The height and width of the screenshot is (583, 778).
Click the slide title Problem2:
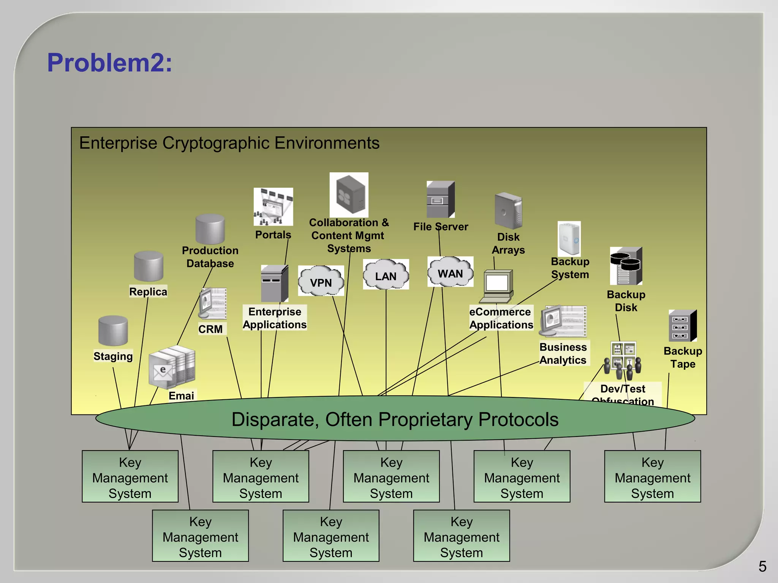[109, 63]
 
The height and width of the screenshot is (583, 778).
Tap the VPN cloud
[321, 281]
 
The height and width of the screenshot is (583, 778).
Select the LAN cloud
[386, 275]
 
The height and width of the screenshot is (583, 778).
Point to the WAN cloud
[450, 272]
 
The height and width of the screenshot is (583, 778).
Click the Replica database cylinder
[149, 266]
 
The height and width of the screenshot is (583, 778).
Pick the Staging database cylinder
[113, 331]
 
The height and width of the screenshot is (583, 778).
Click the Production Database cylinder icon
[210, 229]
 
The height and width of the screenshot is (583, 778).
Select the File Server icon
[440, 200]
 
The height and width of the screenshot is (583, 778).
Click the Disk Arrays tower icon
[508, 211]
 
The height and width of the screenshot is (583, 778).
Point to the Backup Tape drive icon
[682, 326]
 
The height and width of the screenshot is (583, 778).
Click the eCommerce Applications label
[501, 318]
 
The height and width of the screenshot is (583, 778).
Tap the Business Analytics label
[563, 353]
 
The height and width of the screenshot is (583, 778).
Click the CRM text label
[210, 329]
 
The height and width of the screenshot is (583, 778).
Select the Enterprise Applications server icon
[274, 284]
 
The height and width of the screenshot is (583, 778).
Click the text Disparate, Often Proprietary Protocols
[395, 419]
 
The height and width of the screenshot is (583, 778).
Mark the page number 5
[762, 567]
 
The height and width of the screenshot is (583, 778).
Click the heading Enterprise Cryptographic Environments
[229, 143]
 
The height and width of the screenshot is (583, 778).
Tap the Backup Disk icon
[626, 266]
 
